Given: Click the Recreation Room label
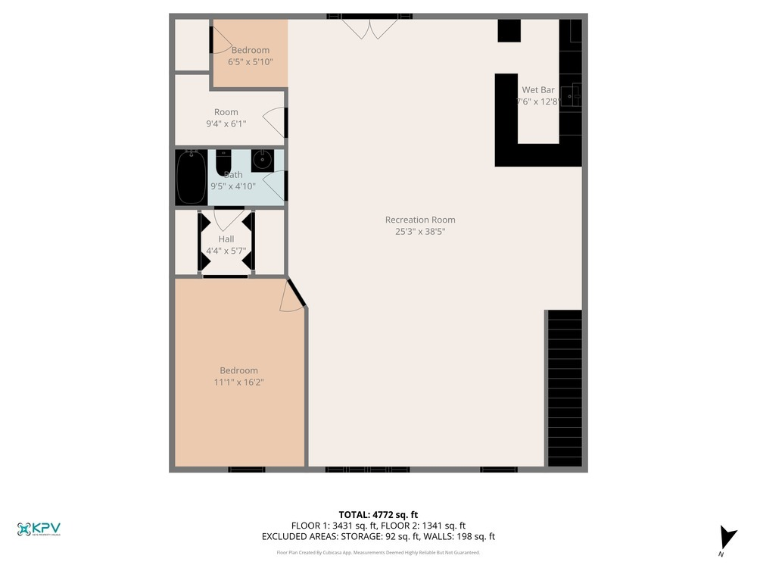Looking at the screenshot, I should point(420,220).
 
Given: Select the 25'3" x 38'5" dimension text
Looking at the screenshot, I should point(420,232).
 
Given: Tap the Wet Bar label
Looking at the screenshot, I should point(537,89).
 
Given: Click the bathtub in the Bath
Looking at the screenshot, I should point(191,176).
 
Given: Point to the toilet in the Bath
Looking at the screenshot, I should point(223,162).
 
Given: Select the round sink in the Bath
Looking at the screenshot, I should point(263,160).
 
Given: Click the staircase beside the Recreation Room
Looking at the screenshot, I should point(564,388).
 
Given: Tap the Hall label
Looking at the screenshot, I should point(226,239).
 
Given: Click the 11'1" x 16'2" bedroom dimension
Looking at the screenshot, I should point(238,382).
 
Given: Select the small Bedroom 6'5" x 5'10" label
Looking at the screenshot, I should point(250,50).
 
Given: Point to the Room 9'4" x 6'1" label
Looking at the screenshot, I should point(226,112).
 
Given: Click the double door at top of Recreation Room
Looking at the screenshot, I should point(369,29).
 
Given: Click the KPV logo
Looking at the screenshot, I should point(39,529).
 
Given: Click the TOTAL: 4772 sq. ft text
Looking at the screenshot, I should point(378,514).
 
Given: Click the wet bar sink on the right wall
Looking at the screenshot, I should point(575,95).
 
